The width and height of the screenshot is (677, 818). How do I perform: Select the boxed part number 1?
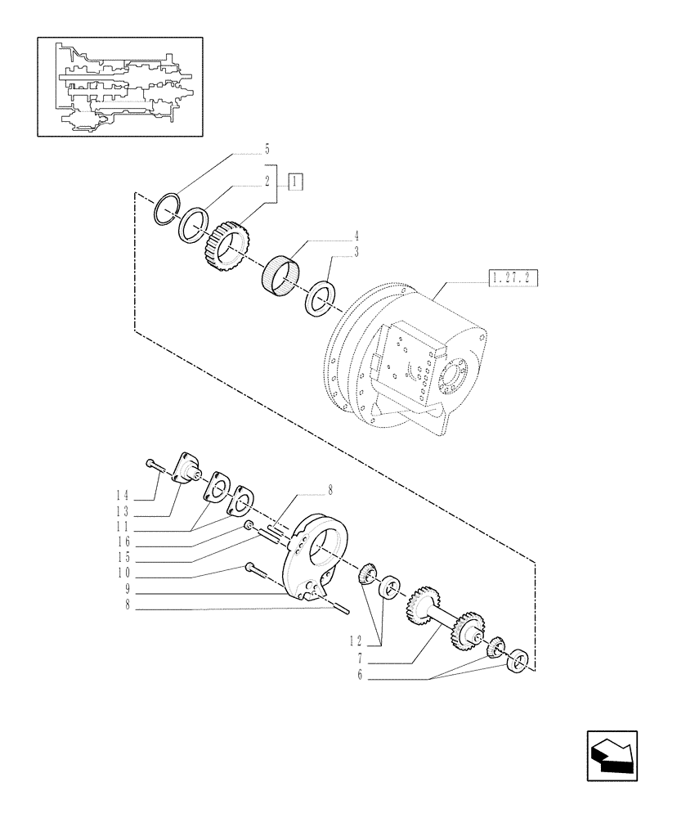[296, 182]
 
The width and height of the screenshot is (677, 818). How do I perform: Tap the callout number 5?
[267, 150]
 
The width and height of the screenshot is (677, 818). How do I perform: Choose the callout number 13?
[123, 511]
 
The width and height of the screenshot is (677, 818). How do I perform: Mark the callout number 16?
[123, 542]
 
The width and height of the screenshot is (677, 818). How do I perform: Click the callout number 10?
[123, 573]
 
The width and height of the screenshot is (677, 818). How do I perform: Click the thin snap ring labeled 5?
[168, 209]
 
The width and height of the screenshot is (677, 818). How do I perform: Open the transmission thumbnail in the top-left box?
[119, 86]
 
